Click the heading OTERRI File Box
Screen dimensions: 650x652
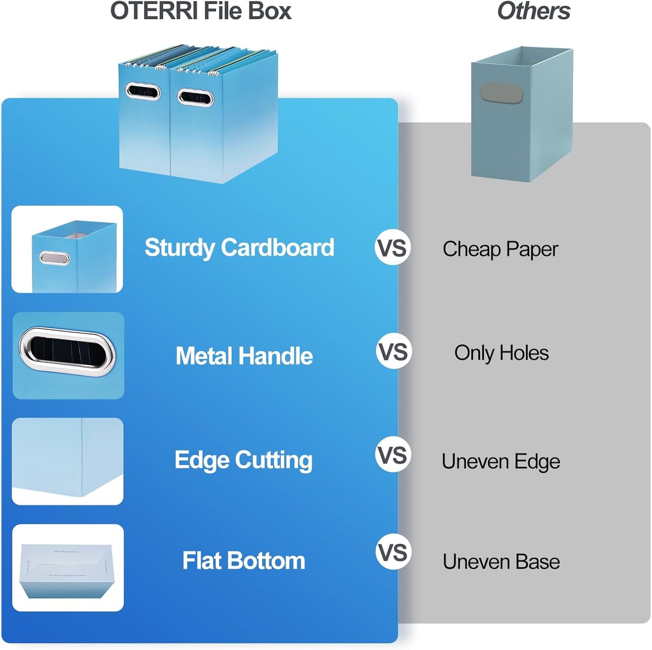pos(201,11)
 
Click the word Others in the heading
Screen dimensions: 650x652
pos(533,11)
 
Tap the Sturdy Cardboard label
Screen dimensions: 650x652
pos(239,248)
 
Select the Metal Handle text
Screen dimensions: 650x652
pos(244,356)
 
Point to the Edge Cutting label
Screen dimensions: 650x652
pos(243,460)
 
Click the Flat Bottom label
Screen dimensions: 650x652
pos(244,561)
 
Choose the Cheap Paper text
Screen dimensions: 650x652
pos(500,249)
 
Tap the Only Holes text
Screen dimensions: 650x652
pos(501,353)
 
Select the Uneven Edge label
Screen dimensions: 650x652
pos(501,461)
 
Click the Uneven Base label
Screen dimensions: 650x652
pos(501,562)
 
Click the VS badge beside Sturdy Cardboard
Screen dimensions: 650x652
pos(393,248)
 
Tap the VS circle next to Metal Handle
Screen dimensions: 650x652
pos(393,351)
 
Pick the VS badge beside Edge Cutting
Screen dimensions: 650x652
pos(393,455)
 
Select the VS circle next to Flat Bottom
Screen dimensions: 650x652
pos(393,552)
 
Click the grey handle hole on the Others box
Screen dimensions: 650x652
pos(501,93)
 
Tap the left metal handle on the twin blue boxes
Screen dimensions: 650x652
pos(143,92)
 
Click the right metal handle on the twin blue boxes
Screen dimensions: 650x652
pos(195,97)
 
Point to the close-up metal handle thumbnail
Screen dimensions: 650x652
pos(68,352)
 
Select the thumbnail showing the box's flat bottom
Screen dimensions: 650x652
pos(68,567)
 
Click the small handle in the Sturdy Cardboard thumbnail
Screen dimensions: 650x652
pos(54,258)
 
